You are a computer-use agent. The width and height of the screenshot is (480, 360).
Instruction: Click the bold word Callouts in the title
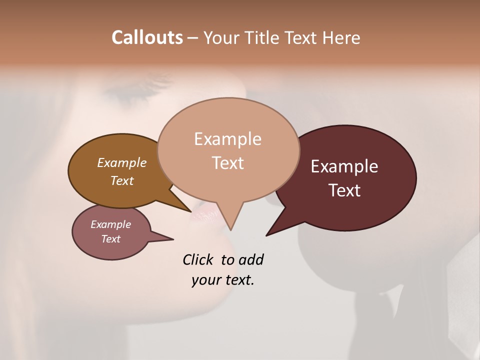coord(147,37)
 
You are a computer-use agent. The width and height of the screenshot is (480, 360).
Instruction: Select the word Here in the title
coord(341,37)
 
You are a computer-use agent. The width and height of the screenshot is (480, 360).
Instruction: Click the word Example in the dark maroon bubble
coord(344,166)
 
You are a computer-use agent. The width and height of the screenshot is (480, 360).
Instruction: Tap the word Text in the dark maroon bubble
coord(344,190)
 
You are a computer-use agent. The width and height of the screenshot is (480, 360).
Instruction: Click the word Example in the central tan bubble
coord(227,139)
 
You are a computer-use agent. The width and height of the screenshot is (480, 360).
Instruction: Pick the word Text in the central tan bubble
coord(227,163)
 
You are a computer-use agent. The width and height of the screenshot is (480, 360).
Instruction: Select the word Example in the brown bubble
coord(122,162)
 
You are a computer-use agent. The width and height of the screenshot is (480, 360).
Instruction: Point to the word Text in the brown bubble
coord(122,180)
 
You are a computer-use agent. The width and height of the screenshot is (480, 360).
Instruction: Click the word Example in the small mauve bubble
coord(110,224)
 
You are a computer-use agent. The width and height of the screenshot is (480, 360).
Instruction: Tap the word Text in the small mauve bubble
coord(110,239)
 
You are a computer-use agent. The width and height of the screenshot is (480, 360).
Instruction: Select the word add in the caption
coord(251,259)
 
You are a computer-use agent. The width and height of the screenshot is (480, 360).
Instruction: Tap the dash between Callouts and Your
coord(193,38)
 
